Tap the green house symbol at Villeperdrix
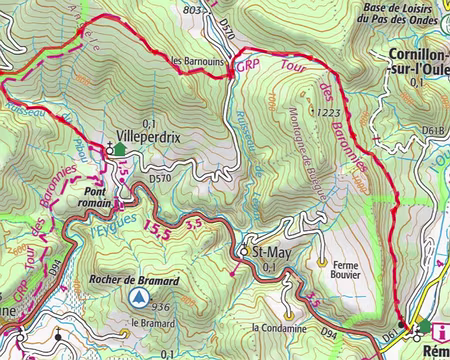pos(120,149)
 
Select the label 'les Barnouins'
pos(198,60)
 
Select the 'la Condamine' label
pos(278,327)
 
